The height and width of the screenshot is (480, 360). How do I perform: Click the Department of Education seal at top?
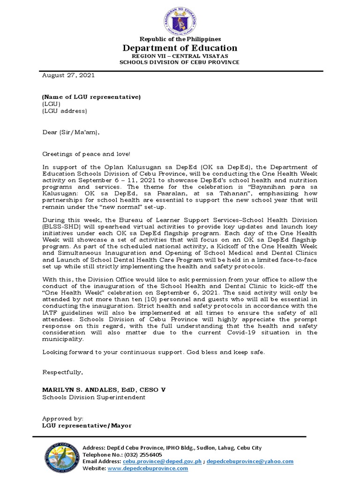pos(180,18)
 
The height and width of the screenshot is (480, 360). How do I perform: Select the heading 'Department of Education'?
pos(180,48)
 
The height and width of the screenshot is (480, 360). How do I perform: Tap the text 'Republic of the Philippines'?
pos(180,39)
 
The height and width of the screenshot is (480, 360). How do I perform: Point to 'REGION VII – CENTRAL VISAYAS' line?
pos(180,55)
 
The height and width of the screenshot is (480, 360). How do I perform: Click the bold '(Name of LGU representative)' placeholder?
pos(91,97)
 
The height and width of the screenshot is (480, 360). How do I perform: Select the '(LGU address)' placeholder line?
pos(65,111)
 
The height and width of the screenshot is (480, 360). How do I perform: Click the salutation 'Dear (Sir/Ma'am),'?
pos(71,132)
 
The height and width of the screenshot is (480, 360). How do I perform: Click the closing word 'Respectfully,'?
pos(63,372)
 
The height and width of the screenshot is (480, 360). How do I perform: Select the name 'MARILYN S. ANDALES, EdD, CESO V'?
pos(104,390)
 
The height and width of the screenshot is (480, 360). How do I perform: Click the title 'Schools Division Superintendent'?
pos(94,397)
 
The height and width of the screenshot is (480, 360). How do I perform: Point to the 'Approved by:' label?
pos(63,419)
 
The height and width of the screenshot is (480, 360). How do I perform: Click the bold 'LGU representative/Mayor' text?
pos(87,426)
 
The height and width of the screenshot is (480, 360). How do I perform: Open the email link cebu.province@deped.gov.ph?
pos(162,461)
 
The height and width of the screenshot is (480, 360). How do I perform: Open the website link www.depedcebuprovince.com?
pos(148,468)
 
